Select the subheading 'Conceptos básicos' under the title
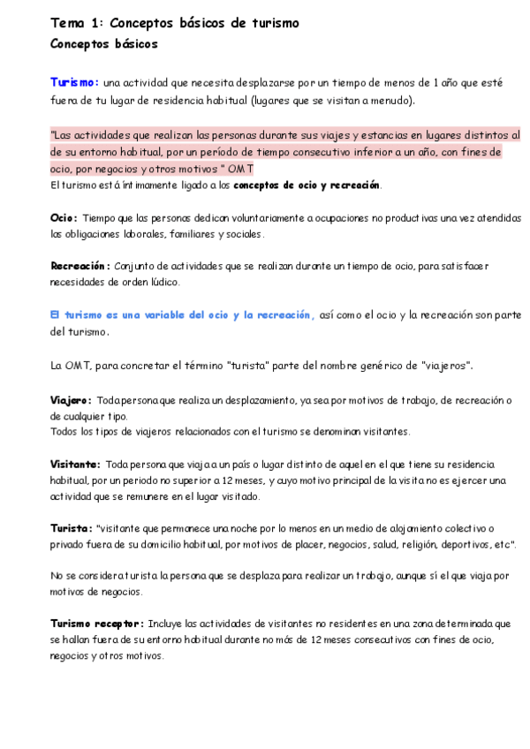coord(104,42)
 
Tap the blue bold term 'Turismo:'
coord(75,82)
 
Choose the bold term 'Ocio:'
coord(64,217)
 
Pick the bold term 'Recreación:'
coord(80,266)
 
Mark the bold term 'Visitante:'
coord(75,464)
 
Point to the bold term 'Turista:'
coord(72,527)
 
